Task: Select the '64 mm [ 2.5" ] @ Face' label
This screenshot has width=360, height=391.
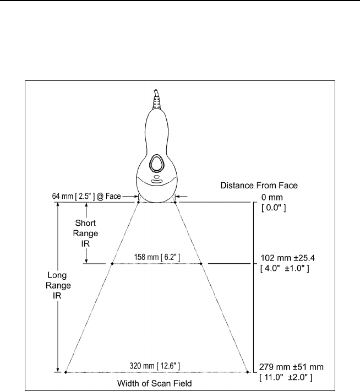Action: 83,196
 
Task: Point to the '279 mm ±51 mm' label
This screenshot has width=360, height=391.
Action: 291,367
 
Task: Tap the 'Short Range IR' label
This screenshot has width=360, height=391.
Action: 85,232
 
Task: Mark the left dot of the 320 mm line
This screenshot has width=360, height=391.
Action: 66,373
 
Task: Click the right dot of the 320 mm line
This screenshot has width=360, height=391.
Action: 247,373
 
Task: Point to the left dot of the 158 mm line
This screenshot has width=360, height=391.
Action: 112,264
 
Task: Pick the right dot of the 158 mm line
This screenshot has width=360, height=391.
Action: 201,264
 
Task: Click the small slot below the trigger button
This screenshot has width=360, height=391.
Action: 156,180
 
